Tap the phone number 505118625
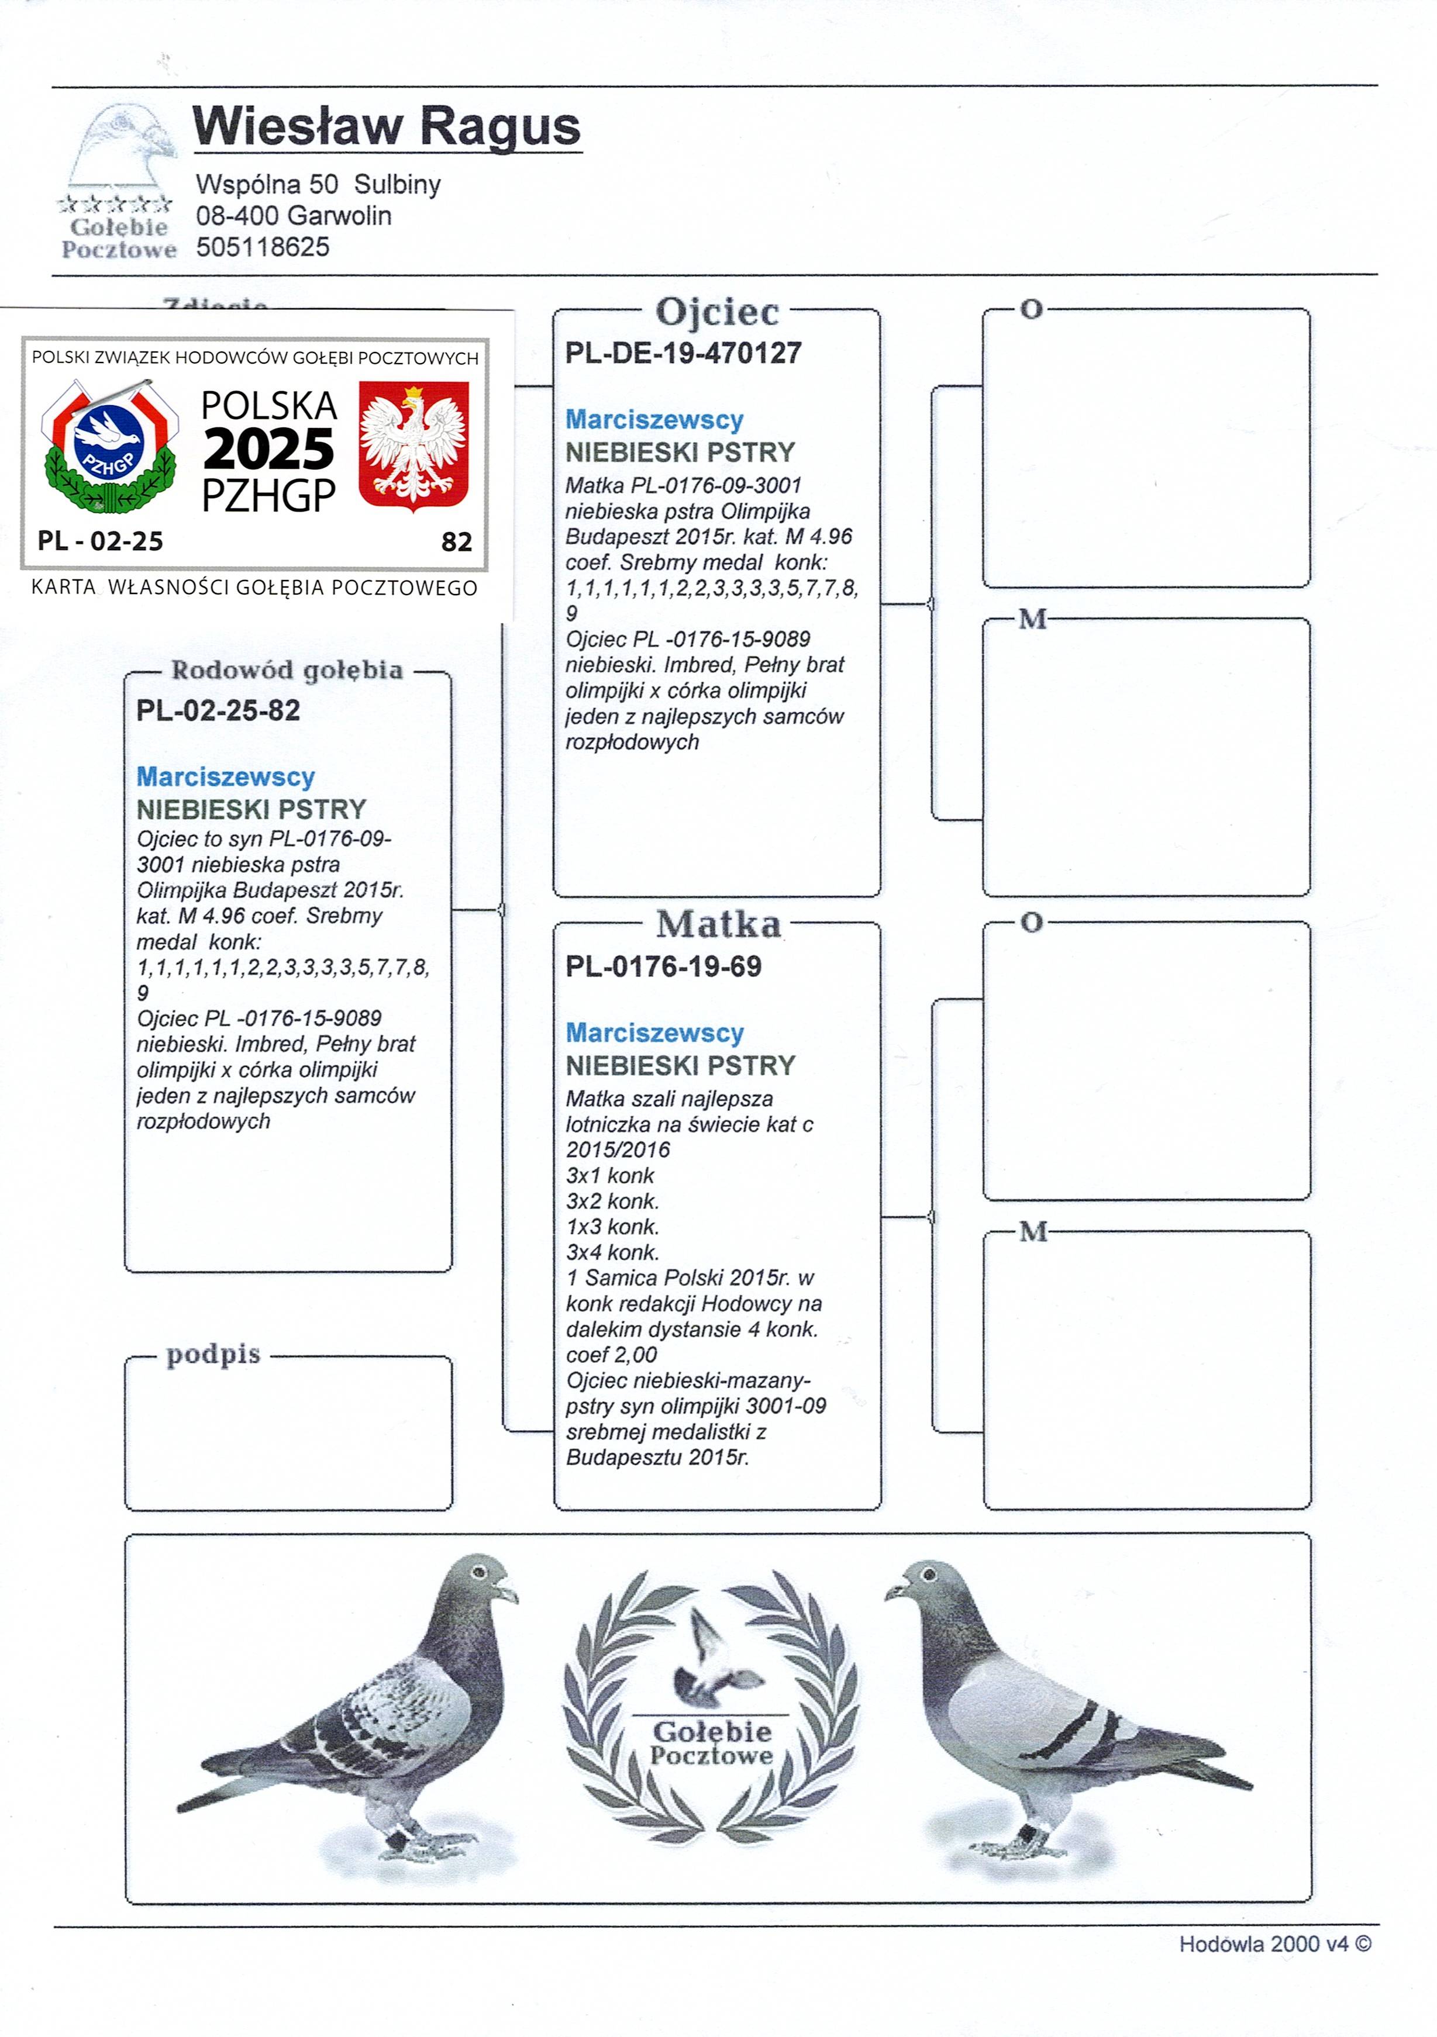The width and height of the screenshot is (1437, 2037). [263, 247]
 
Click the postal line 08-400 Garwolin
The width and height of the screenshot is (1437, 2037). [293, 216]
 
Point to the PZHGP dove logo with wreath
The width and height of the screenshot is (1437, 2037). [109, 446]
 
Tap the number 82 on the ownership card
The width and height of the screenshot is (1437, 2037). [456, 541]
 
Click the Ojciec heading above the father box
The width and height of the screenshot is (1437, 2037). [717, 312]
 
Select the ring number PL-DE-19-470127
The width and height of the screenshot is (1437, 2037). [684, 353]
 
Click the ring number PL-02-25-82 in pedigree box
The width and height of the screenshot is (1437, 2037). [218, 710]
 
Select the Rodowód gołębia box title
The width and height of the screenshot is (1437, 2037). [287, 670]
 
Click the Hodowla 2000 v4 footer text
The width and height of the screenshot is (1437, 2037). [1274, 1944]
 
